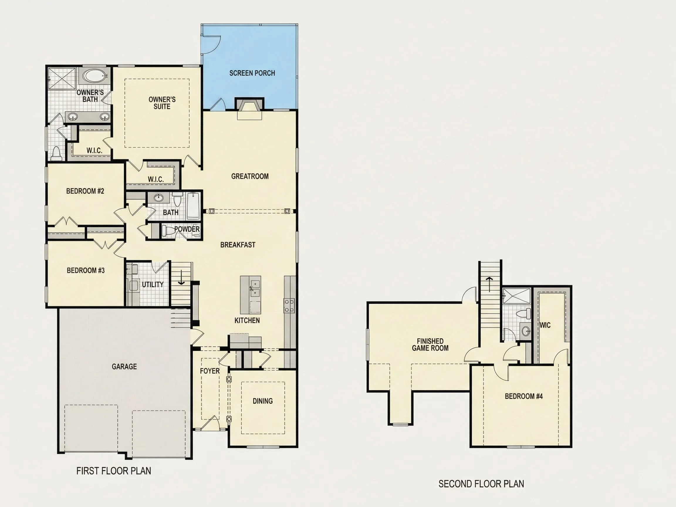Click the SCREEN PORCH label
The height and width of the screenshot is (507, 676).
(x=252, y=73)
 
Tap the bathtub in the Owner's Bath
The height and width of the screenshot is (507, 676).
(x=94, y=75)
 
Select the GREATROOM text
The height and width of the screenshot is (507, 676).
(x=250, y=176)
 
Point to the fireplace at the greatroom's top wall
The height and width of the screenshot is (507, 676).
(x=249, y=109)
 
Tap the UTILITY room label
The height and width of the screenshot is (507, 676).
(x=153, y=285)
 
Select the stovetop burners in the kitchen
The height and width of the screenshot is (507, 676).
(x=289, y=306)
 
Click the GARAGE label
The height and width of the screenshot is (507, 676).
(x=124, y=366)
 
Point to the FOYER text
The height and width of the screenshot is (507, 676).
(x=210, y=371)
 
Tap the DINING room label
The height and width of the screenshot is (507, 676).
(x=263, y=401)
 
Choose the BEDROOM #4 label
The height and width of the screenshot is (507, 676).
(x=524, y=396)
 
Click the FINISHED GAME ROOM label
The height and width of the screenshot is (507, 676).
(x=430, y=344)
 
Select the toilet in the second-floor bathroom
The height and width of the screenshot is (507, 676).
(x=524, y=313)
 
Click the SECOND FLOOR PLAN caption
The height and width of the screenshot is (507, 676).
(x=481, y=484)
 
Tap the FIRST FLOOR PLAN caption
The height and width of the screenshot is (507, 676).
(x=114, y=471)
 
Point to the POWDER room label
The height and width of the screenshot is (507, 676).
(x=187, y=229)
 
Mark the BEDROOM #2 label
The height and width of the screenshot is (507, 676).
(x=85, y=191)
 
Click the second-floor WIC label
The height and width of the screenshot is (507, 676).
(x=545, y=325)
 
